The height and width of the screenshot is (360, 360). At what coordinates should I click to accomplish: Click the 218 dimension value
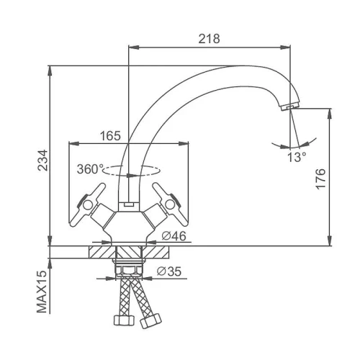point(209,39)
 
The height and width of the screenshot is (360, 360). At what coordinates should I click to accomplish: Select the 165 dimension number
point(110,136)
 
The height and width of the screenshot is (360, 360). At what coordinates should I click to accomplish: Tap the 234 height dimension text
point(43,161)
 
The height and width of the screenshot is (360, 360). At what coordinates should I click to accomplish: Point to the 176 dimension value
point(320,179)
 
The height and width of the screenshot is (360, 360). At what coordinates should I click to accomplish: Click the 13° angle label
point(297,157)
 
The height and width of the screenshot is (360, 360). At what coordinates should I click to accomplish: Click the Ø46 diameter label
point(174,236)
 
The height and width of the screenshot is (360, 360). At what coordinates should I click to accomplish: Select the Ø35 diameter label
point(169,271)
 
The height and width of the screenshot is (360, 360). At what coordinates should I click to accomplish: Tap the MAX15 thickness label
point(42,292)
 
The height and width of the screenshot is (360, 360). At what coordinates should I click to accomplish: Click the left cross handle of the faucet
point(88,204)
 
